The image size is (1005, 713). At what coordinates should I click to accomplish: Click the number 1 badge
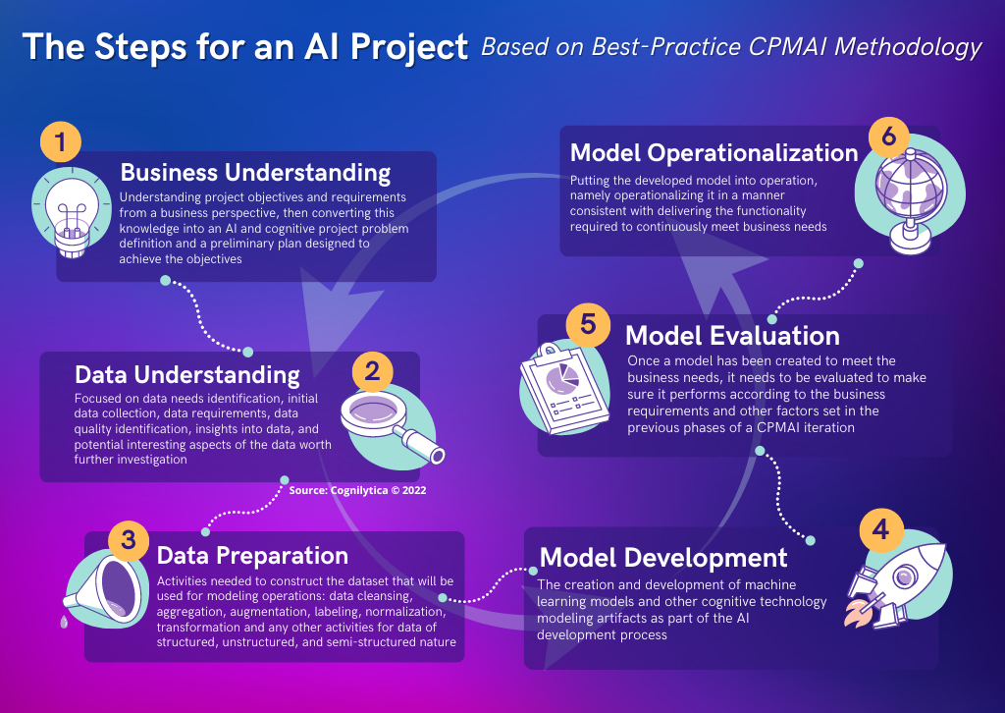point(60,141)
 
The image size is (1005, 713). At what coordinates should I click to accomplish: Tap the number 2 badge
point(372,371)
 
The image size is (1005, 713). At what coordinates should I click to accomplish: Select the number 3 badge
point(129,540)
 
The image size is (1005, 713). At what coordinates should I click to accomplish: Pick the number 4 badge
point(880,529)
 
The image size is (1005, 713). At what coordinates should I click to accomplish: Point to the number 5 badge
point(588,324)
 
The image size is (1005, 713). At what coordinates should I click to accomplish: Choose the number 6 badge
point(889,137)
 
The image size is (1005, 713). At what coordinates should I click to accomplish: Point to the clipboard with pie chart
point(564,389)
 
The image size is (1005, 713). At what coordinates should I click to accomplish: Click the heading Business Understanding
point(255,173)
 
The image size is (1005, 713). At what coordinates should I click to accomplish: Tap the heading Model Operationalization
point(714,152)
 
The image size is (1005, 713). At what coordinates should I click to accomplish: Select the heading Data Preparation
point(252,555)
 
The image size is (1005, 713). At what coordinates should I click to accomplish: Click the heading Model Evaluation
point(732,335)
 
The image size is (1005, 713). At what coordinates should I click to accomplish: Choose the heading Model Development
point(663,557)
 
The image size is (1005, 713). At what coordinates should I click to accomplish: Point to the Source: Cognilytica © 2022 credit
point(357,490)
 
